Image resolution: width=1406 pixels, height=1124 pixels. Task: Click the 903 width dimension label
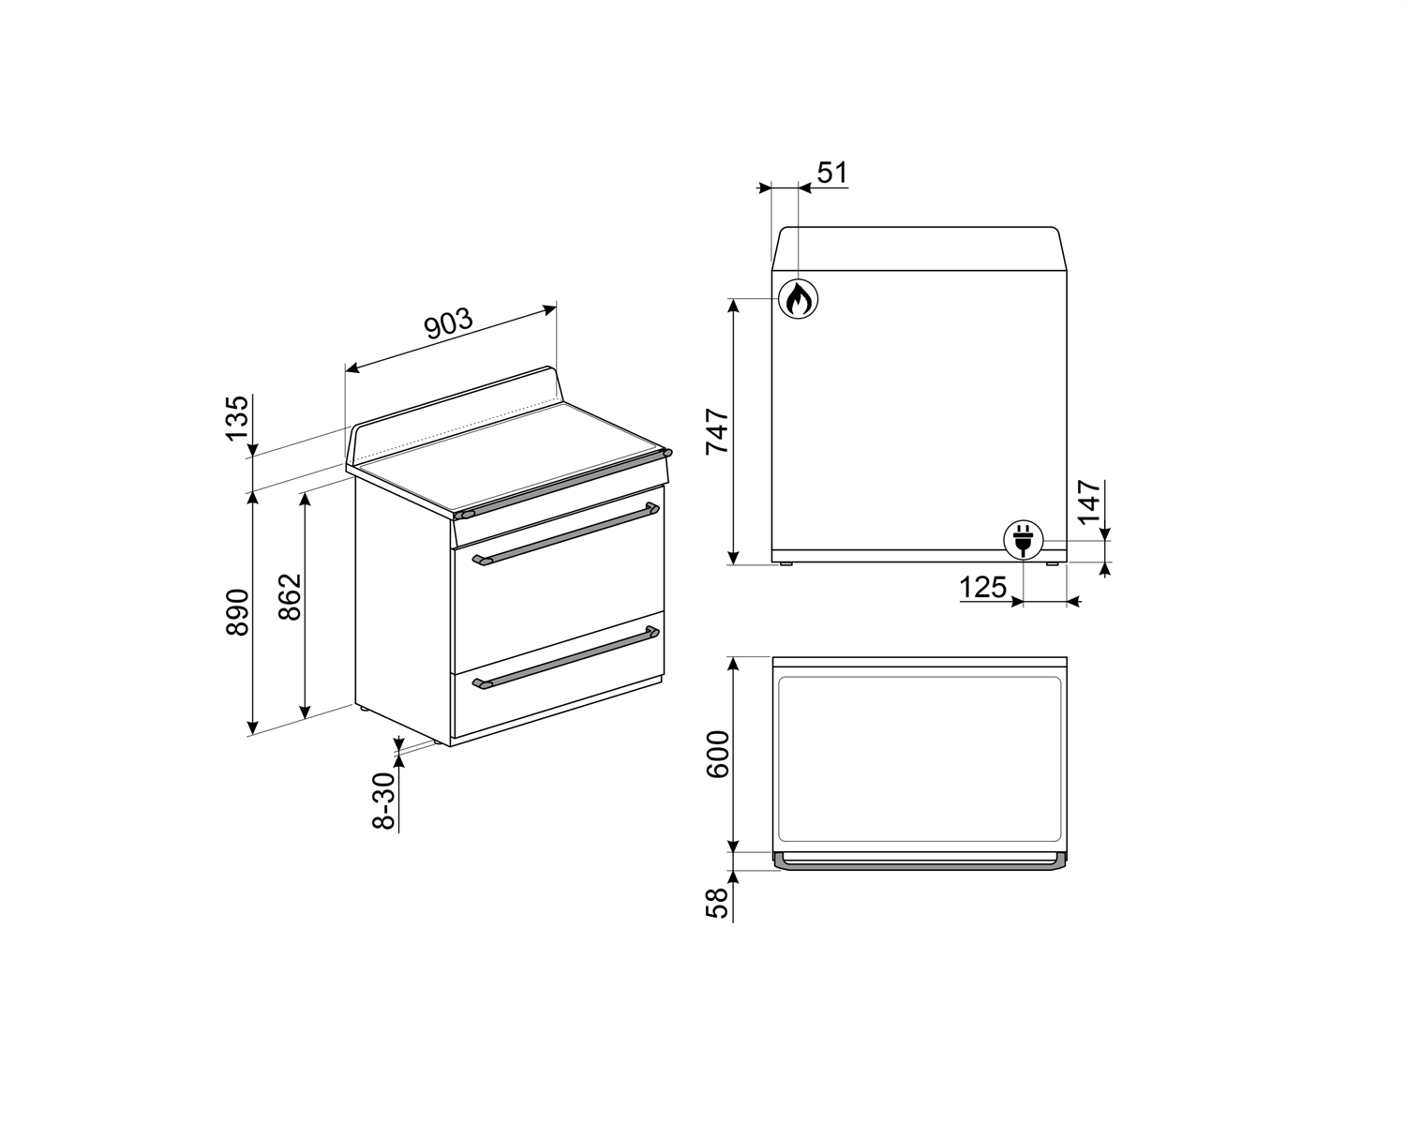pos(448,324)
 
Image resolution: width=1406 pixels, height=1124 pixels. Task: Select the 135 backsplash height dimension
pos(237,418)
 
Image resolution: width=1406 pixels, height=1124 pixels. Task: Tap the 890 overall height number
pos(237,612)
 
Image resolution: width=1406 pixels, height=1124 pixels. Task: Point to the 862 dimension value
pos(290,596)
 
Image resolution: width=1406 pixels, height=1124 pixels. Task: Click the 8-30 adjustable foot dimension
pos(384,802)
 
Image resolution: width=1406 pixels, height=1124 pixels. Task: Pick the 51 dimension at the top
pos(832,172)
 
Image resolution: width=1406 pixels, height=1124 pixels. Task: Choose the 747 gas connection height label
pos(717,431)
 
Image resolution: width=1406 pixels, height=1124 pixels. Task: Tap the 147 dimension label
pos(1089,502)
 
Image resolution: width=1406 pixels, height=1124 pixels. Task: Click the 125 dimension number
pos(982,588)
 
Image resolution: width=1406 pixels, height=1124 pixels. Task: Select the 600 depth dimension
pos(717,755)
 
